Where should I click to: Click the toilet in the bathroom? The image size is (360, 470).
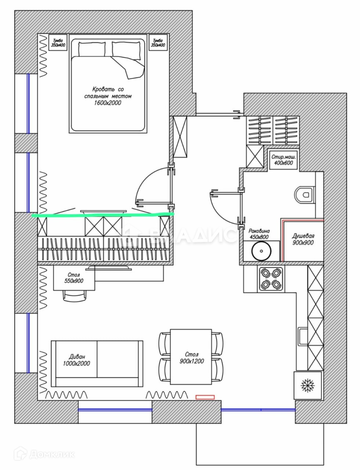tap(305, 194)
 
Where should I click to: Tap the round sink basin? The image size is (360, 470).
tap(261, 252)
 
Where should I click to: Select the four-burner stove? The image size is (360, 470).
tap(271, 278)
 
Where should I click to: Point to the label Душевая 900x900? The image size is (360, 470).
tap(303, 239)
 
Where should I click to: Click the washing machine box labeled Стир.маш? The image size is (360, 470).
tap(282, 160)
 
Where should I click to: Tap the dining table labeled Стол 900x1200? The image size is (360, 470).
tap(191, 357)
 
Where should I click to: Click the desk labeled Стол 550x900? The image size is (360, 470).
tap(74, 278)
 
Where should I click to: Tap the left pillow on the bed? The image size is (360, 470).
tap(92, 49)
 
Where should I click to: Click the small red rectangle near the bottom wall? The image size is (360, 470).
tap(205, 397)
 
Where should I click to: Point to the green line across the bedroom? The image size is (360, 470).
tap(103, 215)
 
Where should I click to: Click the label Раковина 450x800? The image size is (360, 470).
tap(259, 234)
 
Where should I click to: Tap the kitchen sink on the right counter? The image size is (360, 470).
tap(303, 336)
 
